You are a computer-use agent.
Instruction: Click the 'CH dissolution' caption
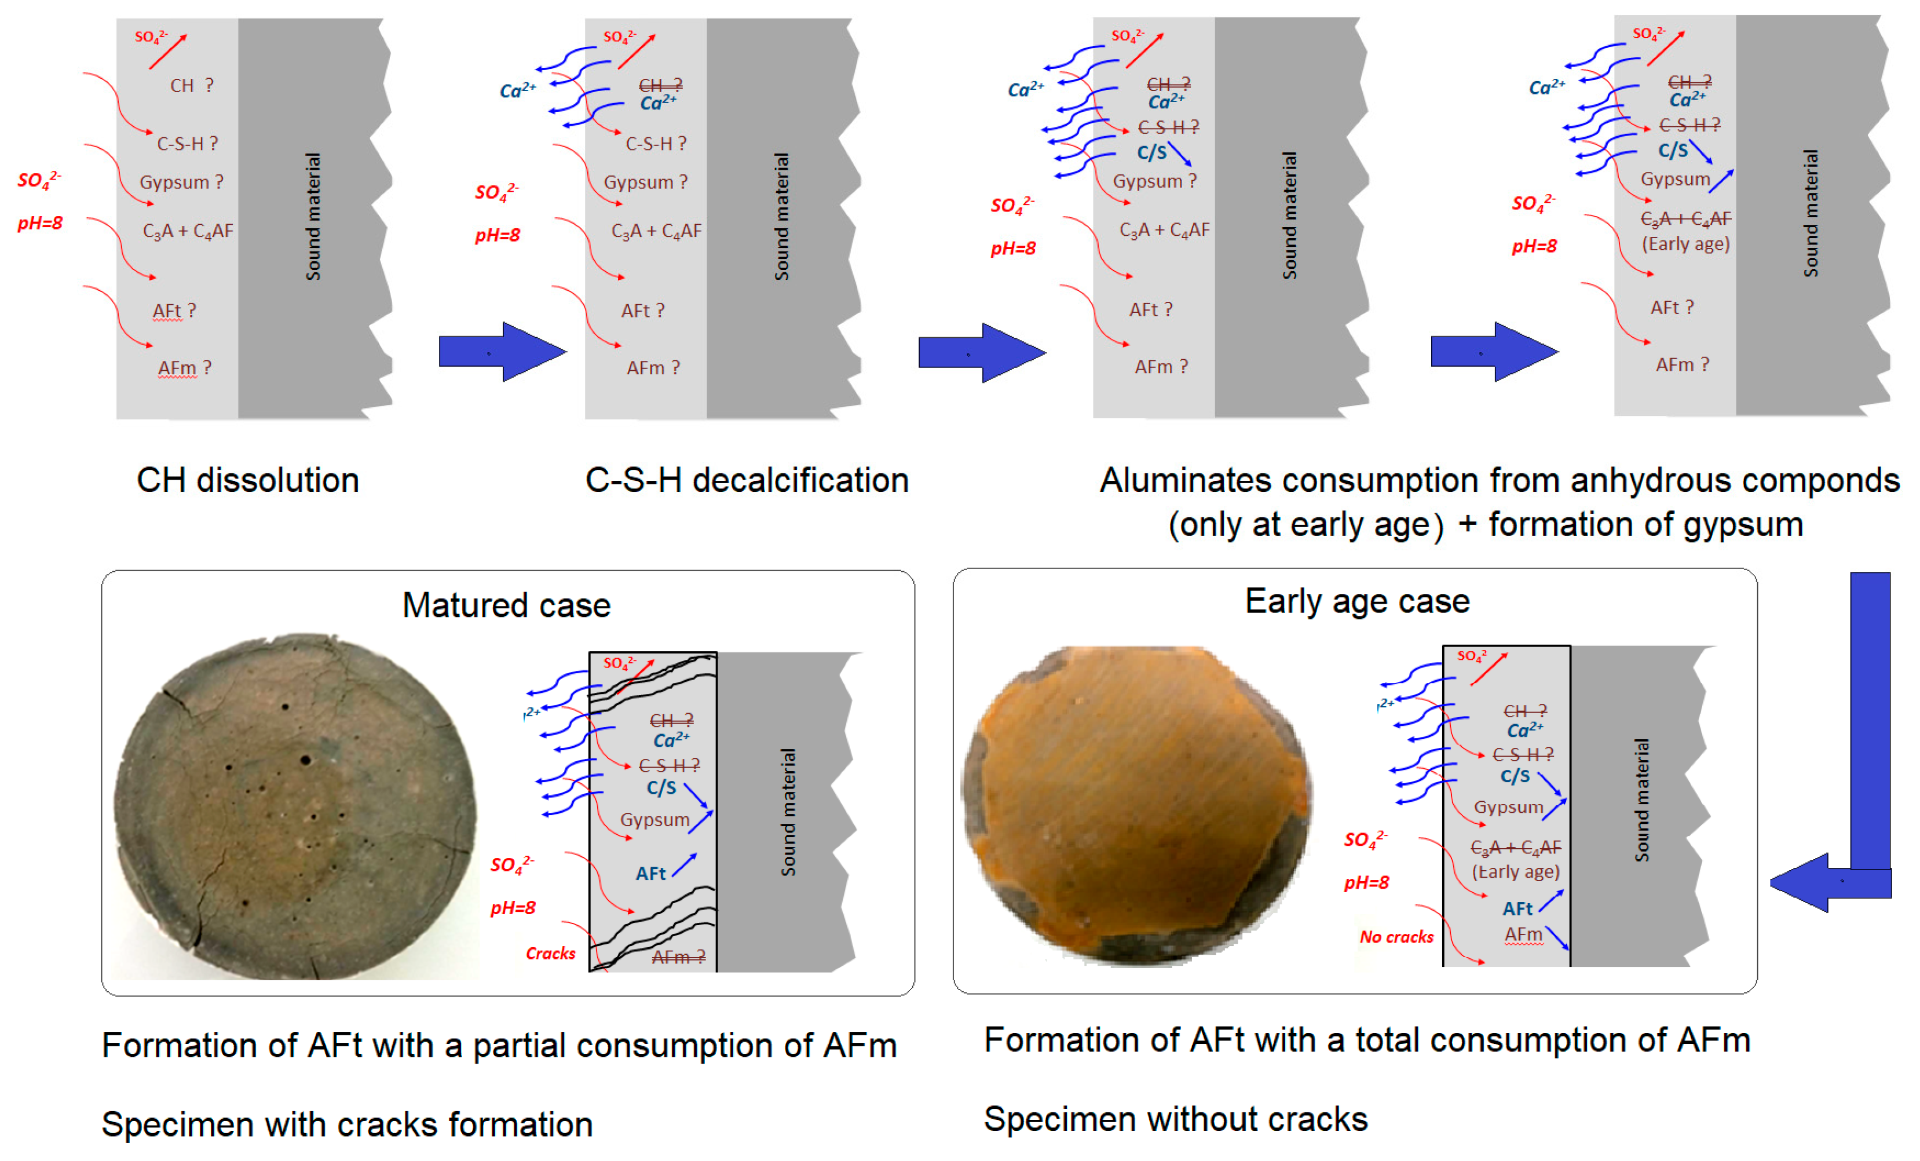(x=248, y=480)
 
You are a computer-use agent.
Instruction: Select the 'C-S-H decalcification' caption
(x=747, y=480)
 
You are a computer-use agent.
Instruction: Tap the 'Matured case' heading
(x=506, y=605)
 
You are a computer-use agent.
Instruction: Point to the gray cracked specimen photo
(x=296, y=806)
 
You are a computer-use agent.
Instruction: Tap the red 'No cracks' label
(x=1396, y=937)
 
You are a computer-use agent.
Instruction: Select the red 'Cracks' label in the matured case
(x=550, y=953)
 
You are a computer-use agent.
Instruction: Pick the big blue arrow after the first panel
(x=502, y=352)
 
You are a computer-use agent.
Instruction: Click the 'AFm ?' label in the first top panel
(x=184, y=368)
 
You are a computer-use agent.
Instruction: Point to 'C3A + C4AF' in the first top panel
(x=188, y=231)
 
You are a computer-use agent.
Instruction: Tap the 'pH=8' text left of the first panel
(x=40, y=224)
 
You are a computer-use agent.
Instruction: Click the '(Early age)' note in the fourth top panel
(x=1685, y=244)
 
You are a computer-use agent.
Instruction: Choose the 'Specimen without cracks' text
(x=1175, y=1119)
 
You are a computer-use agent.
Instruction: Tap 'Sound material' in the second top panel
(x=781, y=217)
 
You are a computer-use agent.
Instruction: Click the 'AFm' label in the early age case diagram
(x=1523, y=934)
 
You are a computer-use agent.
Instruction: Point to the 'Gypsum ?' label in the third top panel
(x=1153, y=181)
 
